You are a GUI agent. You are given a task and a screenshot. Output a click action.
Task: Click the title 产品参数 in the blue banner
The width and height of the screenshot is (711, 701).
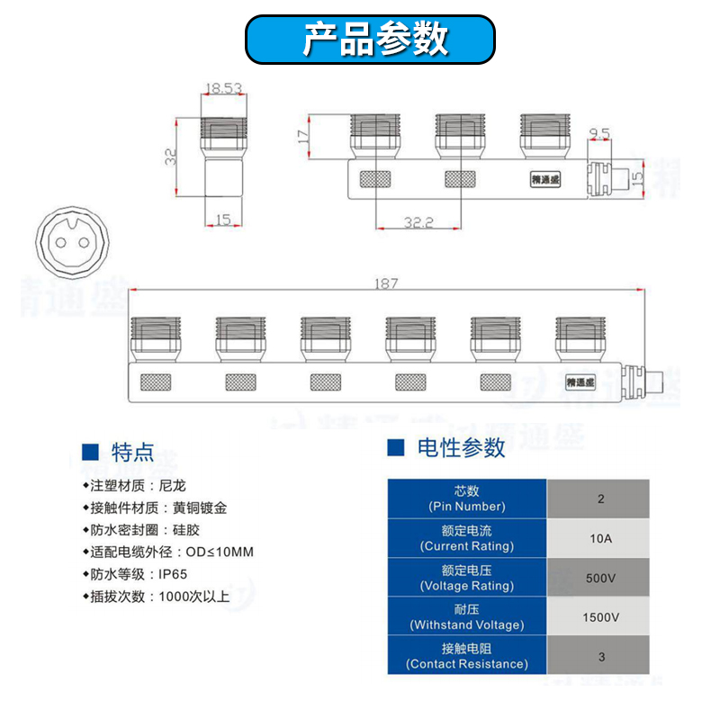coord(370,40)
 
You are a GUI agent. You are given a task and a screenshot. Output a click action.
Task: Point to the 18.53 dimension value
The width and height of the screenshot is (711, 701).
coord(223,89)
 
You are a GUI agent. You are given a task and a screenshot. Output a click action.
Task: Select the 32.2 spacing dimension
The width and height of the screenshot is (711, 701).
coord(418,221)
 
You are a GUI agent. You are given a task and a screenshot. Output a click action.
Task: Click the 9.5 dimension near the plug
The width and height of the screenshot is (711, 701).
coord(599,134)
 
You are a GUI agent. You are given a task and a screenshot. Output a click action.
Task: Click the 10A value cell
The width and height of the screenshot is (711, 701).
coord(599,538)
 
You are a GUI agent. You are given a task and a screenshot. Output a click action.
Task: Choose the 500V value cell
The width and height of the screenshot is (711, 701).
coord(599,577)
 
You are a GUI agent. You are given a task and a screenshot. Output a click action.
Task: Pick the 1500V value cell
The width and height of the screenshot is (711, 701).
coord(599,616)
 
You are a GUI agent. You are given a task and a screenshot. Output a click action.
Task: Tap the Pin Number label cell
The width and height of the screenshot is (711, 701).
coord(466,499)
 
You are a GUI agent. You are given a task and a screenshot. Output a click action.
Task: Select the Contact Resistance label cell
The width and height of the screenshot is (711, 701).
coord(466,655)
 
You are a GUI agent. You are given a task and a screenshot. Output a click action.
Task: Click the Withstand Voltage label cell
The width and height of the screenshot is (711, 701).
coord(466,616)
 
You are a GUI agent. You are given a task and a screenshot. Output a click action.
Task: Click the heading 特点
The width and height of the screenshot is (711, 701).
coord(132,452)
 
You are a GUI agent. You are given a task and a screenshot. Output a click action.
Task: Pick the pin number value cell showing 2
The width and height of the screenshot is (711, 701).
coord(599,499)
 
